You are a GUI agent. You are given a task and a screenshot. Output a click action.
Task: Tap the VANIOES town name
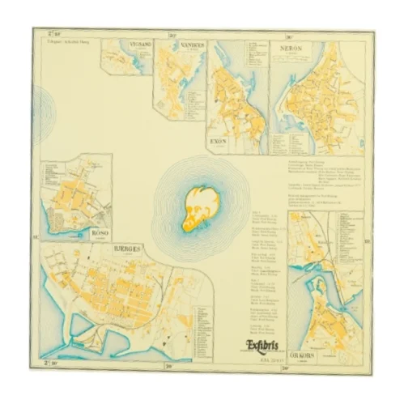pyautogui.click(x=193, y=45)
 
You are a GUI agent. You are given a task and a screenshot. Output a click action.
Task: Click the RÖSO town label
pyautogui.click(x=100, y=232)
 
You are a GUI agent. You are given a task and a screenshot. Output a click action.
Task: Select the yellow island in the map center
pyautogui.click(x=199, y=208)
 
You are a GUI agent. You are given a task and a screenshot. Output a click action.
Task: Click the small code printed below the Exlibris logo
pyautogui.click(x=263, y=358)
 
